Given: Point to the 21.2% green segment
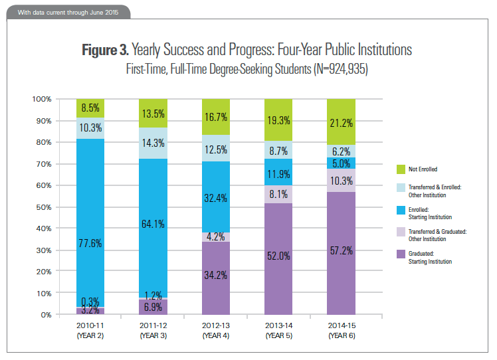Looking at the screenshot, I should coord(342,122).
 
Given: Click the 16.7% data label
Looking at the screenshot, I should coord(217,116).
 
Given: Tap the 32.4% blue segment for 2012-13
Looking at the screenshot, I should coord(217,197).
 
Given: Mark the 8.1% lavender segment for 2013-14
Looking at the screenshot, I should coord(279,195).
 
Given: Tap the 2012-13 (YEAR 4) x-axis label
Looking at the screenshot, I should coord(217,330).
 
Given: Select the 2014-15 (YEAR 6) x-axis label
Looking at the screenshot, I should coord(342,330).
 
